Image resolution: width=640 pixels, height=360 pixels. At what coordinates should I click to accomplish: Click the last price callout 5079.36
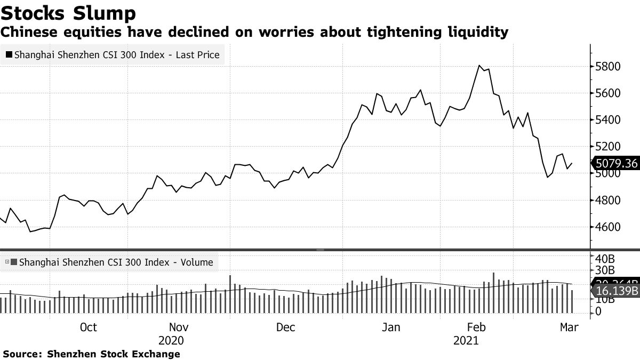pyautogui.click(x=616, y=163)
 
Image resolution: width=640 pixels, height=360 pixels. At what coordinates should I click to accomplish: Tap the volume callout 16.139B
pyautogui.click(x=616, y=291)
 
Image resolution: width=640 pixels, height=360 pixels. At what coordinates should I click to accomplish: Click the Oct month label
pyautogui.click(x=88, y=327)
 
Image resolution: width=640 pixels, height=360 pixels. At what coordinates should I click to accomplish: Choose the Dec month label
pyautogui.click(x=286, y=327)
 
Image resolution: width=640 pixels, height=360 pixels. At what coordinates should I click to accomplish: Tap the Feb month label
pyautogui.click(x=476, y=327)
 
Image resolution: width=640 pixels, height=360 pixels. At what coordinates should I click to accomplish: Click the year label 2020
pyautogui.click(x=171, y=340)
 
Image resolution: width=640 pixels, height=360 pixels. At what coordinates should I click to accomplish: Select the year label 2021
pyautogui.click(x=466, y=340)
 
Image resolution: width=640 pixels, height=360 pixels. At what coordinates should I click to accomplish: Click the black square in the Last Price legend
pyautogui.click(x=9, y=54)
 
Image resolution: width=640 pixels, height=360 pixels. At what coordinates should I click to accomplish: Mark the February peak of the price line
pyautogui.click(x=480, y=66)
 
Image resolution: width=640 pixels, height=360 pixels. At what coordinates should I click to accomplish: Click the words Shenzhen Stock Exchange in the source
pyautogui.click(x=114, y=354)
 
